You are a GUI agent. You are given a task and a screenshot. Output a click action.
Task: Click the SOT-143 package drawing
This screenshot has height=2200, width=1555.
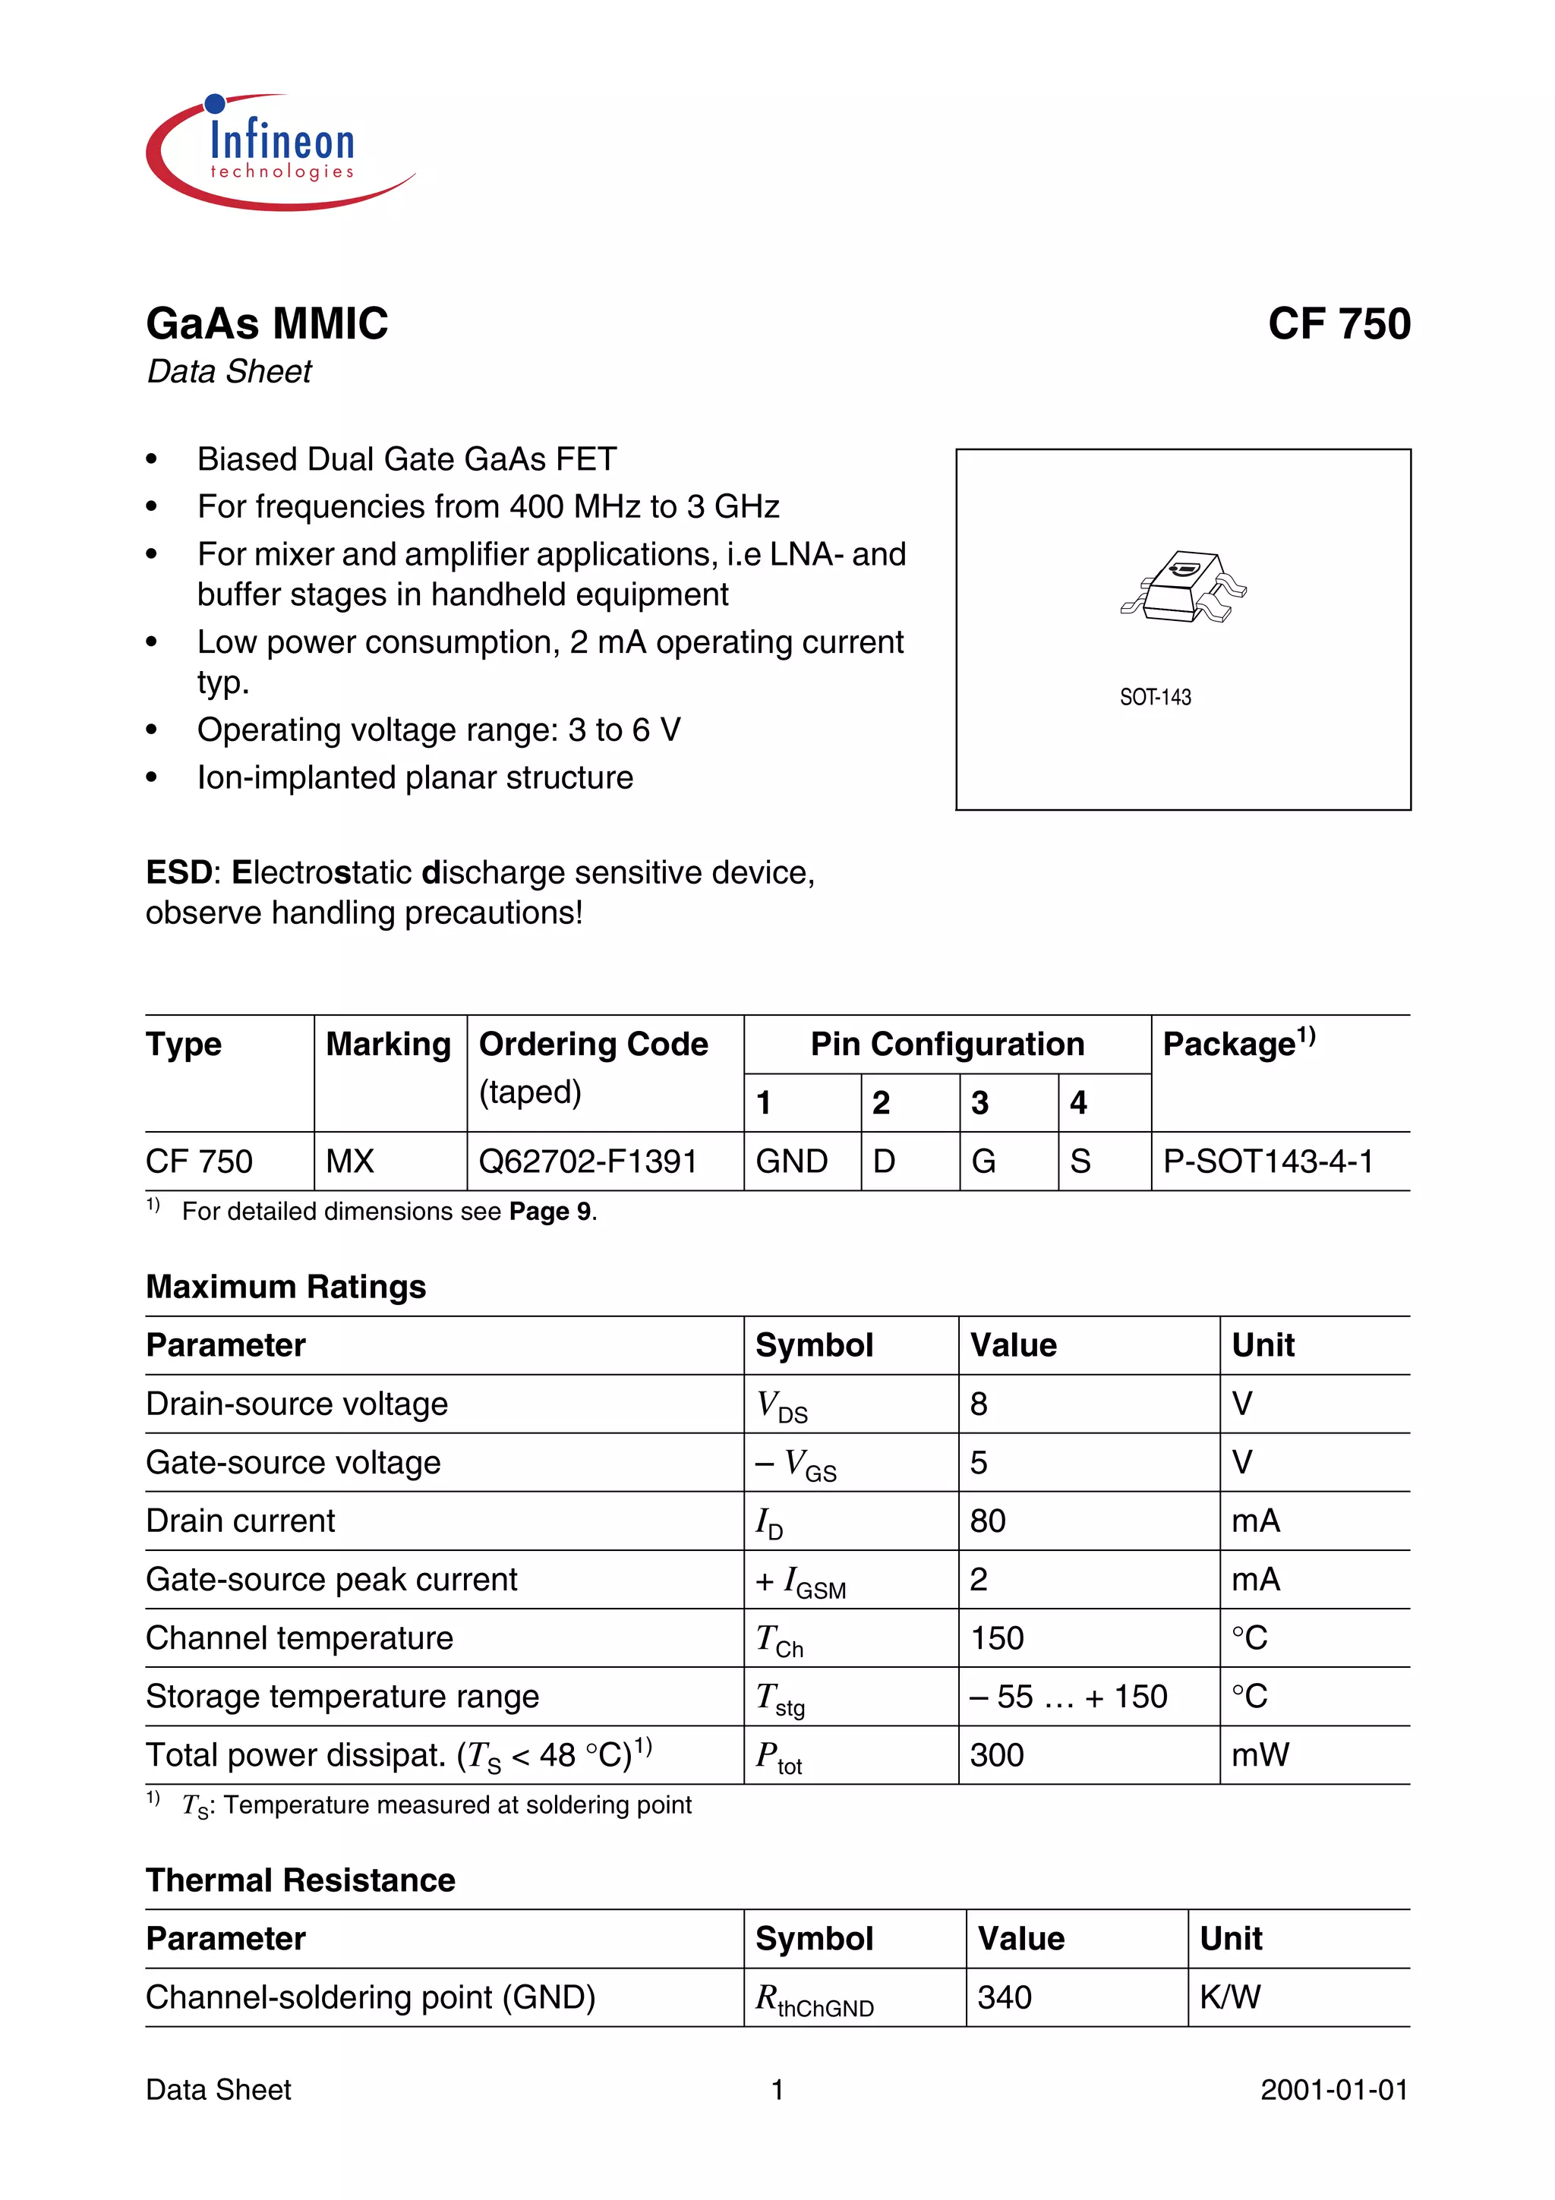(x=1183, y=586)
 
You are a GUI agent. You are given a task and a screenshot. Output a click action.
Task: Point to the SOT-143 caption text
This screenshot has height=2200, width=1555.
(x=1155, y=698)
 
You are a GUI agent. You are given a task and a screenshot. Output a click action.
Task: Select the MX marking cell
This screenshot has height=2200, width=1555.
(x=350, y=1161)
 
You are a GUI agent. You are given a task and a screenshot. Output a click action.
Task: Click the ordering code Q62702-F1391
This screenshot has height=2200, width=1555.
(x=588, y=1161)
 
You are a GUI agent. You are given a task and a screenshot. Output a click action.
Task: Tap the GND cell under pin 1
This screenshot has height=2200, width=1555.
(x=791, y=1161)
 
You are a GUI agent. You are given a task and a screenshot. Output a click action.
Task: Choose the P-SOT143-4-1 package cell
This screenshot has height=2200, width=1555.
(x=1267, y=1161)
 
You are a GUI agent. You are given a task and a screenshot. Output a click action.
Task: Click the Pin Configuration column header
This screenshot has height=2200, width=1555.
(x=947, y=1044)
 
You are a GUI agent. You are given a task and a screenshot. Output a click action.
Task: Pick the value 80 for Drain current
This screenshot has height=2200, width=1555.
(x=988, y=1521)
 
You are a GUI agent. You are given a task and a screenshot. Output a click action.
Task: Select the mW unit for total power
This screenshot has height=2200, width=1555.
(x=1260, y=1754)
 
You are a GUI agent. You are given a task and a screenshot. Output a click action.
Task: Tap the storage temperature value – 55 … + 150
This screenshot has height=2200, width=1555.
(x=1068, y=1696)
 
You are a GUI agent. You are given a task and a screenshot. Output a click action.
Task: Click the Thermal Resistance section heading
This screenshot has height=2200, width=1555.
(x=300, y=1880)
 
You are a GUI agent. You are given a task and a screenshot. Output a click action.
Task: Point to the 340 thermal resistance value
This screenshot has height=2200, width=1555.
(x=1004, y=1997)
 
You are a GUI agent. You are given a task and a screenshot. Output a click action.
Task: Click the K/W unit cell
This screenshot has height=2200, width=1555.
(x=1230, y=1997)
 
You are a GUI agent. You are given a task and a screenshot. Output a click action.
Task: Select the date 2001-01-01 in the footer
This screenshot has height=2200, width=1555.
(x=1334, y=2090)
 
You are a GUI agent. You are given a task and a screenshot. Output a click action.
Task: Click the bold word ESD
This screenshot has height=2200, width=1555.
(x=178, y=873)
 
